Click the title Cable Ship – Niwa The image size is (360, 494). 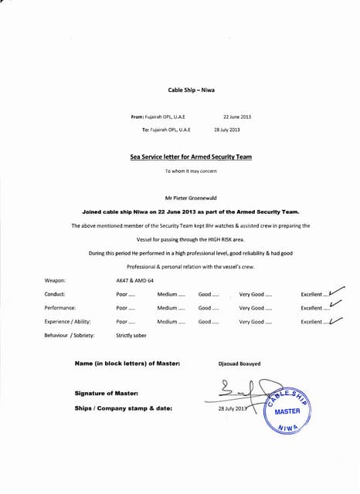[x=186, y=90]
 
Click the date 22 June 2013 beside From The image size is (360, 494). [x=237, y=117]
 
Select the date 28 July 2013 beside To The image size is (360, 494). [x=227, y=130]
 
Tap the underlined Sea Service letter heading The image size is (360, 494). [x=191, y=157]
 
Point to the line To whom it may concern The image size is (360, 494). [x=185, y=171]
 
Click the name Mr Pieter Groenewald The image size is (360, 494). [x=186, y=198]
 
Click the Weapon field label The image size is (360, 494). [x=55, y=281]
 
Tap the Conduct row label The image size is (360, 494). [x=55, y=294]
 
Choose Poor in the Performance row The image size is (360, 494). [x=125, y=308]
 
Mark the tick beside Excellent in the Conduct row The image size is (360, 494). [x=336, y=292]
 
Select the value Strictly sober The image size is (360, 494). [x=131, y=335]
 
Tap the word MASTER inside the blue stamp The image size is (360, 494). [x=287, y=411]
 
